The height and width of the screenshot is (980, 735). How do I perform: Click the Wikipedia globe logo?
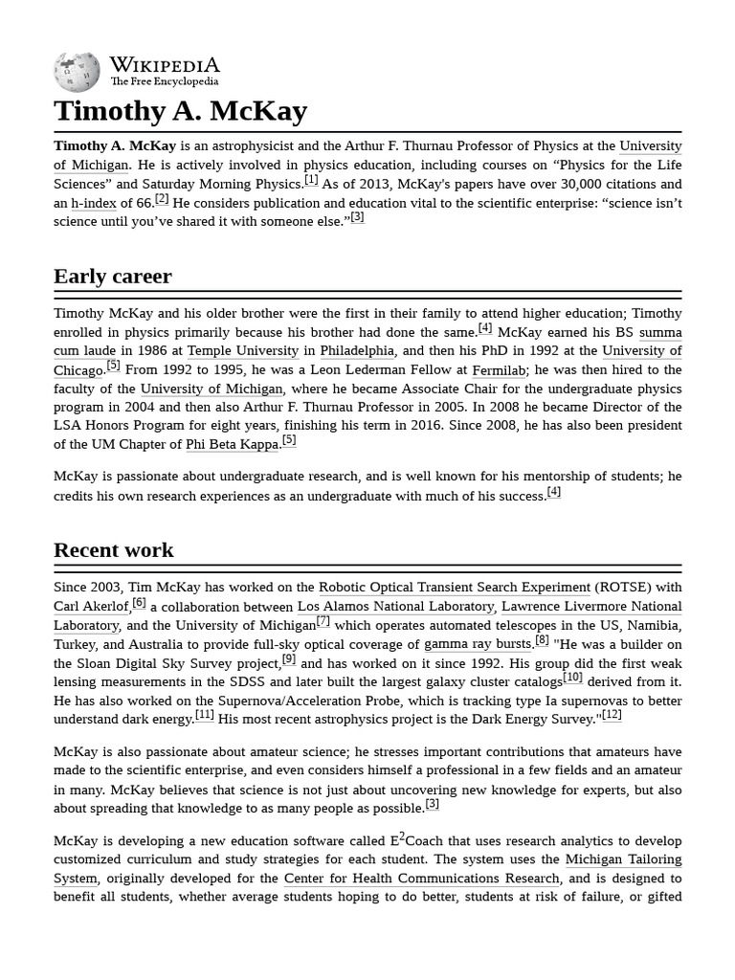[x=77, y=72]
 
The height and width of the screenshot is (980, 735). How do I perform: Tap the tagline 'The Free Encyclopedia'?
[x=164, y=82]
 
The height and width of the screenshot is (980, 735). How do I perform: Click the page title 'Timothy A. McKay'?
[x=180, y=111]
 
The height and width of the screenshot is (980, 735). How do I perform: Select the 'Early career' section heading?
[x=113, y=277]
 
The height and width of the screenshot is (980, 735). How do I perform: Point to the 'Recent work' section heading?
[x=114, y=550]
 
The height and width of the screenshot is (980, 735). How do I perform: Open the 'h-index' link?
[x=94, y=203]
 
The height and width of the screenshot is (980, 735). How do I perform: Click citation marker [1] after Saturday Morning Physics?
[x=311, y=180]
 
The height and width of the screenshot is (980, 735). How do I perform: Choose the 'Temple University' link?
[x=243, y=351]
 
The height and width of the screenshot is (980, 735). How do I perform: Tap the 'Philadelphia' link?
[x=357, y=351]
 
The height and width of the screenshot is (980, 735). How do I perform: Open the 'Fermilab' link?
[x=499, y=370]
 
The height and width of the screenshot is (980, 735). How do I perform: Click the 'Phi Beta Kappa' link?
[x=233, y=445]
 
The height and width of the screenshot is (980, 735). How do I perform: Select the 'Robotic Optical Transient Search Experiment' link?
[x=455, y=588]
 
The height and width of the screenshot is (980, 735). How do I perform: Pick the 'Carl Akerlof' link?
[x=91, y=607]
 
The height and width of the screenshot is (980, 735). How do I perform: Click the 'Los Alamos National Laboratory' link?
[x=395, y=607]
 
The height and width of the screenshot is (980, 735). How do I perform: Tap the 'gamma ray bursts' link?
[x=478, y=644]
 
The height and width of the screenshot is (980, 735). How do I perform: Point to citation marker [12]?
[x=612, y=715]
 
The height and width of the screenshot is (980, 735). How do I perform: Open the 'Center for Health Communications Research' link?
[x=422, y=879]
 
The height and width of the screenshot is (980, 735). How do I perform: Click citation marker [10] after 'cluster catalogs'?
[x=572, y=678]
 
